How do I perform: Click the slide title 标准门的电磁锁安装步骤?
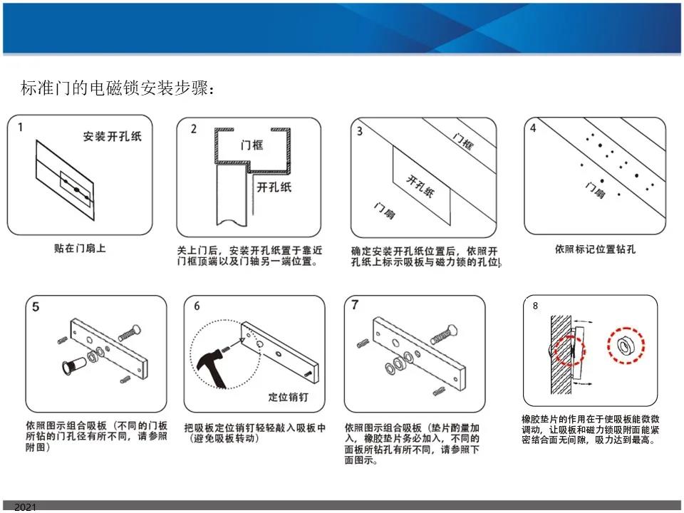coord(118,88)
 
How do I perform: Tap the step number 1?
coord(20,128)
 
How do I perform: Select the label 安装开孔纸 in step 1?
coord(113,137)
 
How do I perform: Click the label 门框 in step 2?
coord(252,145)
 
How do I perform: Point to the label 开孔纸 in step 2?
coord(274,187)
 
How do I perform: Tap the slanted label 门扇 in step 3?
coord(384,211)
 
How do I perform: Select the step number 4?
coord(533,128)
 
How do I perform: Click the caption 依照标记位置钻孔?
coord(595,249)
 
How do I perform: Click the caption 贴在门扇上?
coord(80,248)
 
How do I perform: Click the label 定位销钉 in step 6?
coord(288,397)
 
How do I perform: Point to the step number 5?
coord(36,307)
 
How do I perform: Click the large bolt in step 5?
coord(130,333)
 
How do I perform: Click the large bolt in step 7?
coord(444,335)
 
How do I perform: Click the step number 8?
coord(535,306)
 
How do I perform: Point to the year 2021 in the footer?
coord(26,507)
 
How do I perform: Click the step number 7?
coord(355,305)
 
